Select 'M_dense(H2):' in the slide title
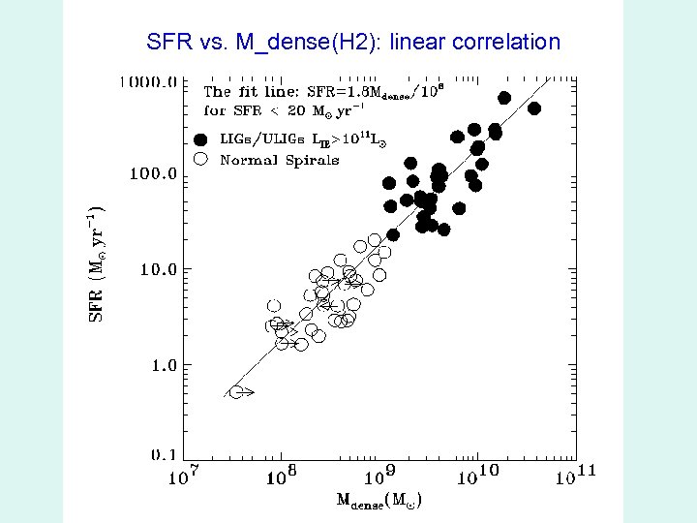pos(323,42)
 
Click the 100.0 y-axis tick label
pos(153,175)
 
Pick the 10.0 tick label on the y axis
pos(158,269)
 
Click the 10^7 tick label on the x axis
pos(183,477)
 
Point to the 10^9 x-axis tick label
pos(379,476)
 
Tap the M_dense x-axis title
pos(379,501)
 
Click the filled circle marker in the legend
pos(201,139)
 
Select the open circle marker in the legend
pos(201,160)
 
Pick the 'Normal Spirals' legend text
pos(280,160)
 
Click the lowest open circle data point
pos(236,392)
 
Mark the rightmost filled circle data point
pos(533,108)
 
